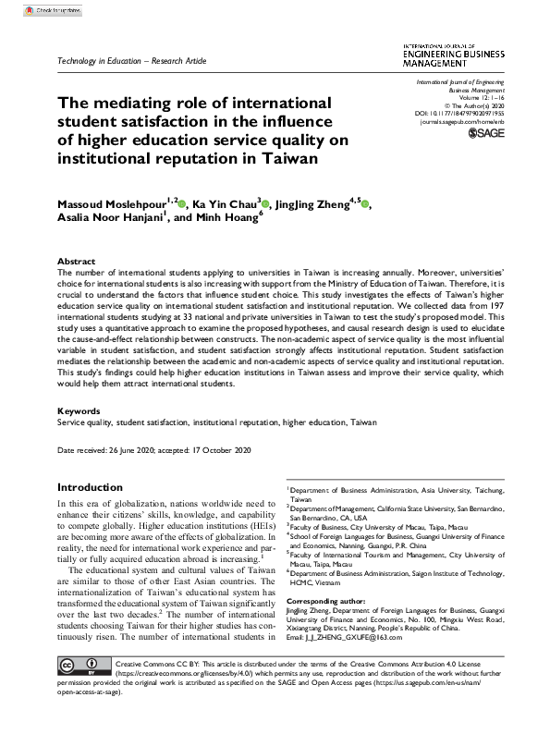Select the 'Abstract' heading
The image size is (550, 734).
click(x=77, y=262)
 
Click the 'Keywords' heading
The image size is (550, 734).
click(x=79, y=409)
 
